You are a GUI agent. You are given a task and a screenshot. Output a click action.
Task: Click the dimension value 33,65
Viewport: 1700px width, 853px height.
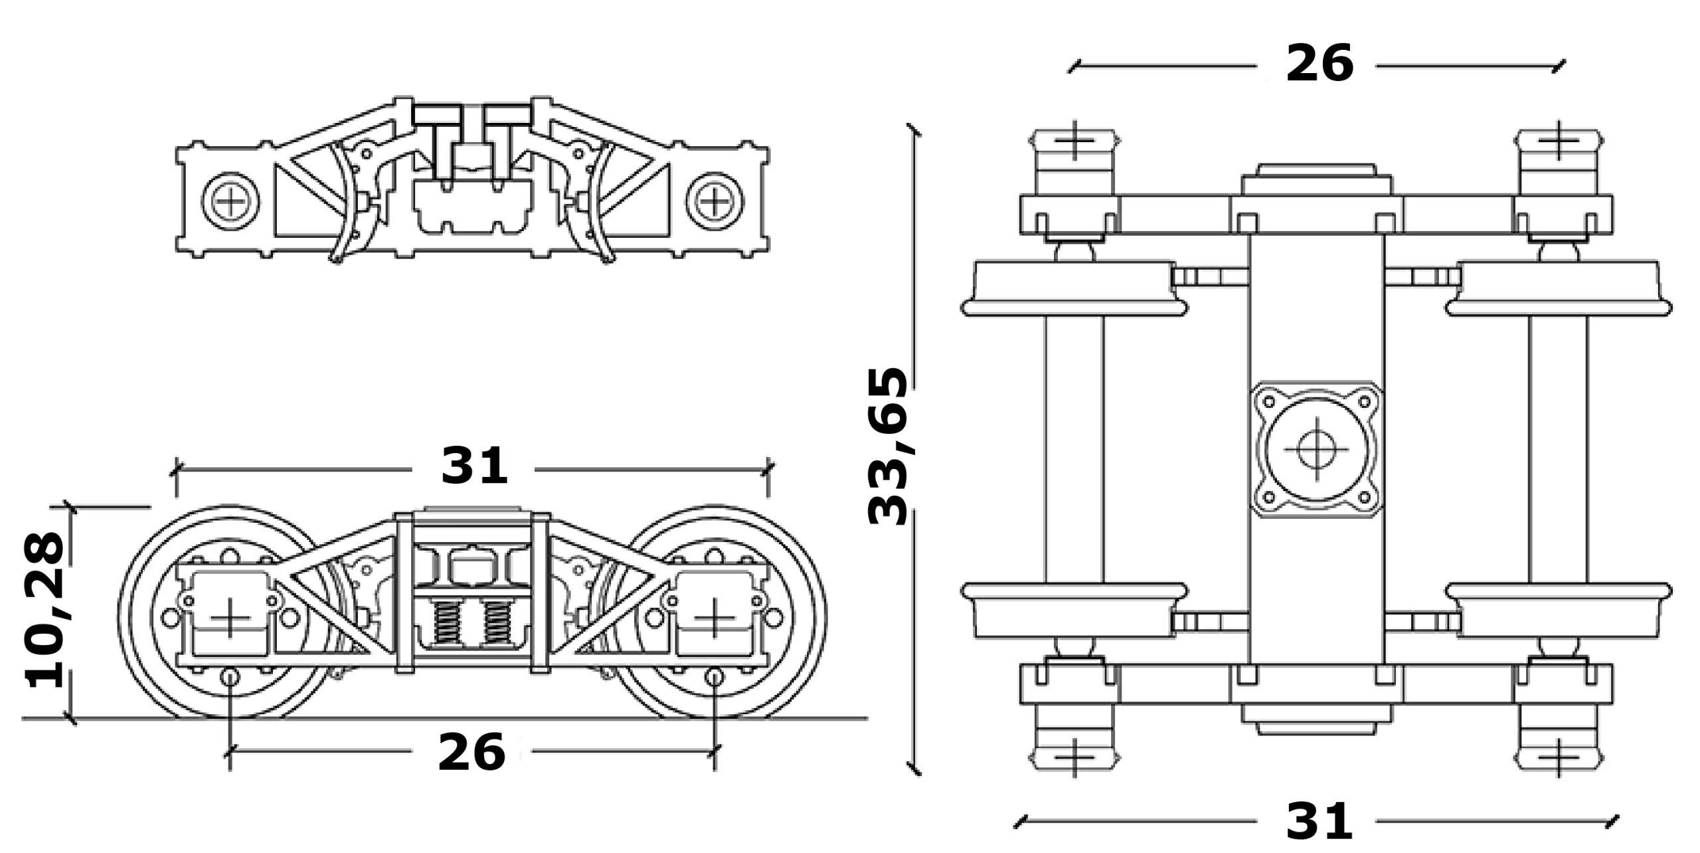(x=888, y=446)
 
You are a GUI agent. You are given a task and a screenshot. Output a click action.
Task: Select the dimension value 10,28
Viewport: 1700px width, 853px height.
(x=44, y=611)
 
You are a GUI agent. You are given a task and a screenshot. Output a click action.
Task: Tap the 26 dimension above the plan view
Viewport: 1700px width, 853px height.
(x=1319, y=64)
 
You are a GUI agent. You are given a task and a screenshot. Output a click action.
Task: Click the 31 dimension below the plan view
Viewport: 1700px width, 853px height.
(x=1319, y=822)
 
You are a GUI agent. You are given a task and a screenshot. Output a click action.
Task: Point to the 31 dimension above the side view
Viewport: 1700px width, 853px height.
(x=474, y=466)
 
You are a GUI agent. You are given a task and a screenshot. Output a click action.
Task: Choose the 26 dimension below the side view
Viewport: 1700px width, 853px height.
(x=471, y=753)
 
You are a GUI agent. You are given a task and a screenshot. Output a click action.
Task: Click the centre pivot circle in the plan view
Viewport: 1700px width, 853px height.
(x=1317, y=449)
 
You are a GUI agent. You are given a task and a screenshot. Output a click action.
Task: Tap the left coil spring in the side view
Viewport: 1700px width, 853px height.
(x=447, y=622)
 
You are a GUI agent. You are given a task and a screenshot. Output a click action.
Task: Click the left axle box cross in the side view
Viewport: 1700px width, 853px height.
(x=230, y=617)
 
